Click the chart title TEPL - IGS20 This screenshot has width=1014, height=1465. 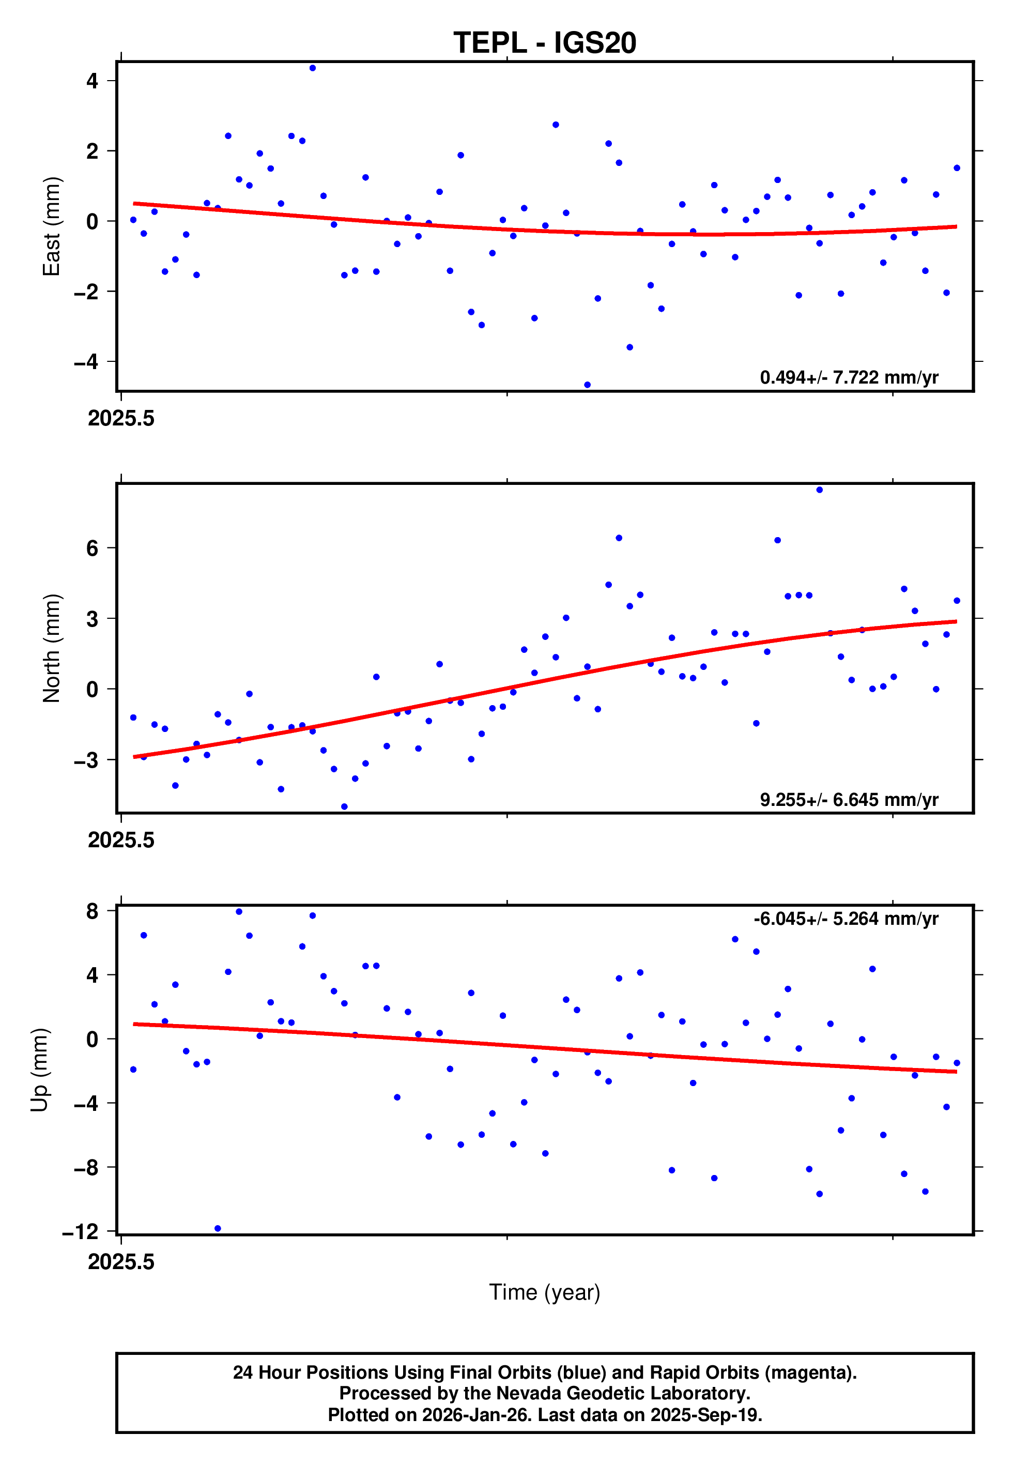[545, 43]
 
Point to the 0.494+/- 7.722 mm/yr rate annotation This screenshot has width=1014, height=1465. [849, 377]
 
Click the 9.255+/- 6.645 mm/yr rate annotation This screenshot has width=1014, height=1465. [849, 799]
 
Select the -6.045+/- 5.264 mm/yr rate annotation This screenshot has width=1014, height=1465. [846, 919]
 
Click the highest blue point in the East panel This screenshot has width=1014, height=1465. [313, 68]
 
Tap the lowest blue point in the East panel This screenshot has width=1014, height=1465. [587, 385]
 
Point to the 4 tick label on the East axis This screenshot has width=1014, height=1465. [93, 81]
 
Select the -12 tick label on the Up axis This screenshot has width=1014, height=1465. [81, 1232]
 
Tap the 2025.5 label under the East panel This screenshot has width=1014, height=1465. [121, 418]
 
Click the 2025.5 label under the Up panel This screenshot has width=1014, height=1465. [121, 1261]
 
